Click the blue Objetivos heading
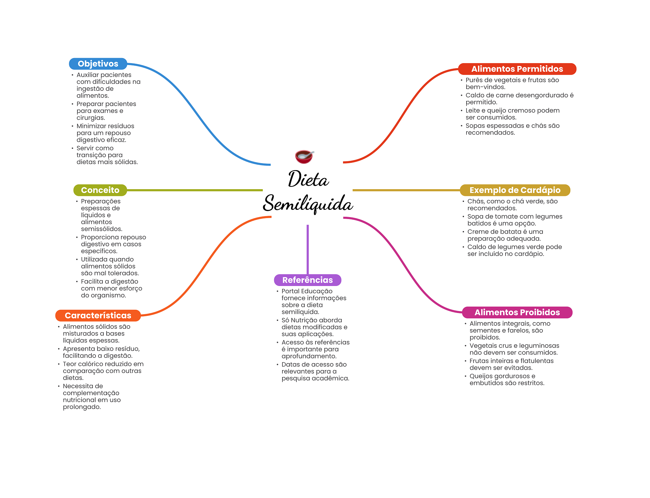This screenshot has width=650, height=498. pos(98,64)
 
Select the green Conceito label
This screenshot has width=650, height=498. pos(100,190)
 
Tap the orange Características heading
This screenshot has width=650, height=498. pos(98,315)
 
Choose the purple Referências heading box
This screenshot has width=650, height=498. pos(308,280)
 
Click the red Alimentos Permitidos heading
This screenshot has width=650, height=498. pos(517,69)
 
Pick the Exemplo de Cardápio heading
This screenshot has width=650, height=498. pos(515,190)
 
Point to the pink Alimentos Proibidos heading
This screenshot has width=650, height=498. pos(517,312)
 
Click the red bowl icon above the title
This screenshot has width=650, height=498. pos(304,156)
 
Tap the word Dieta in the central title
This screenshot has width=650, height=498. pos(308,179)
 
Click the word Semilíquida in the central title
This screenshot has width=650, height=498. pos(308,204)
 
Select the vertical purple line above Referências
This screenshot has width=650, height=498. pos(308,249)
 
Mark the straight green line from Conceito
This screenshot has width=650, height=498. pos(195,190)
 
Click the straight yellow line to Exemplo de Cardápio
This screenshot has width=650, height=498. pos(406,190)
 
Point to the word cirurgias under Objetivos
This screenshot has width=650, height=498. pos(90,118)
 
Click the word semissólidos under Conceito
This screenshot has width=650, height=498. pos(101,229)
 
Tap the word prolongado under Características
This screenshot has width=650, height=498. pos(82,407)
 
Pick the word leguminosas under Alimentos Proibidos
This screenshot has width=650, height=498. pos(539,346)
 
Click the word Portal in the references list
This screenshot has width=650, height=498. pos(290,291)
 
